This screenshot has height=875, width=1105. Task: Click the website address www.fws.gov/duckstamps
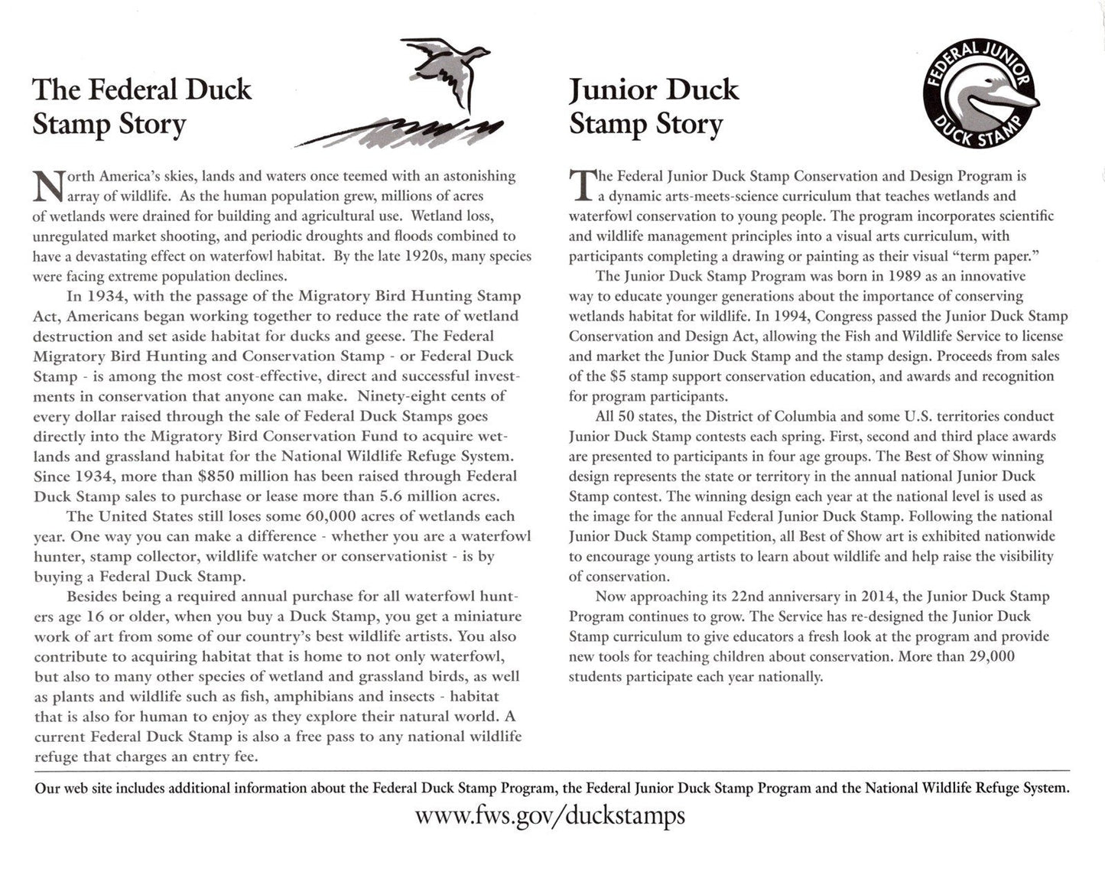click(x=550, y=815)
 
